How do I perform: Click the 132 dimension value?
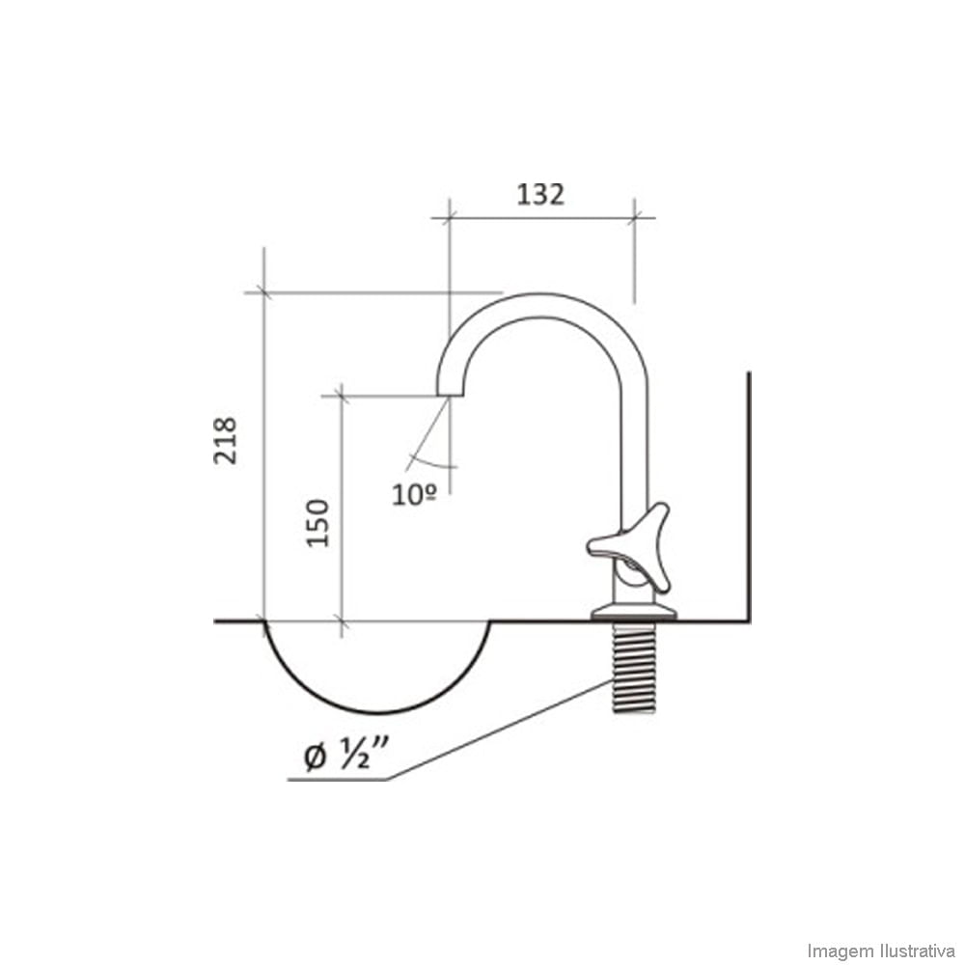click(x=540, y=194)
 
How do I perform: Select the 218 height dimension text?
click(x=225, y=440)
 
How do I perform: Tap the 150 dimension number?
click(x=318, y=523)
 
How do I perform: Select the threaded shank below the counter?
click(x=634, y=668)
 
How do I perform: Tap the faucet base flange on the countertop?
click(x=636, y=611)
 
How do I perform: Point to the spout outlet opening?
click(x=450, y=394)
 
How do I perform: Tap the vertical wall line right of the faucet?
click(x=750, y=492)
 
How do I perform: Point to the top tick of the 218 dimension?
click(x=263, y=291)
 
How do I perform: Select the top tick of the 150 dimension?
click(x=340, y=395)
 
